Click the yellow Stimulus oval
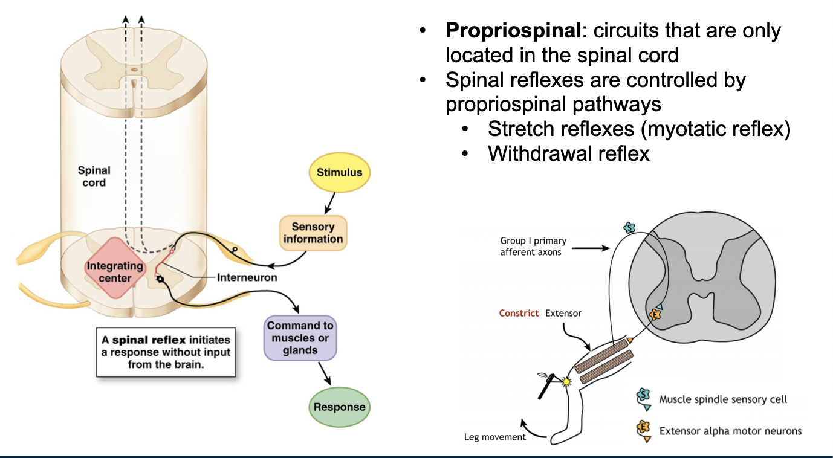click(x=339, y=172)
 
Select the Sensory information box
click(x=313, y=233)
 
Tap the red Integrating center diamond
click(x=115, y=272)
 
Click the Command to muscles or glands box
click(x=300, y=338)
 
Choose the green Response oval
click(x=339, y=407)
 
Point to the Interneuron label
click(x=247, y=277)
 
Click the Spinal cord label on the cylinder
click(x=94, y=176)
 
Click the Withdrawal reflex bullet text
click(x=568, y=153)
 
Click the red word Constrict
click(x=519, y=314)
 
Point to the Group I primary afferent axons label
click(x=533, y=247)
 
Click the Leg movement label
click(x=495, y=437)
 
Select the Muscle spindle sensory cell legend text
click(x=723, y=399)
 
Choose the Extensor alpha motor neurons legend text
click(x=730, y=431)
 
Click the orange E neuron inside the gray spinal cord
click(x=655, y=314)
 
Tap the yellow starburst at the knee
click(x=566, y=382)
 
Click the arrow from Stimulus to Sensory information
click(x=329, y=203)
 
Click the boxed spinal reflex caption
click(x=166, y=352)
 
